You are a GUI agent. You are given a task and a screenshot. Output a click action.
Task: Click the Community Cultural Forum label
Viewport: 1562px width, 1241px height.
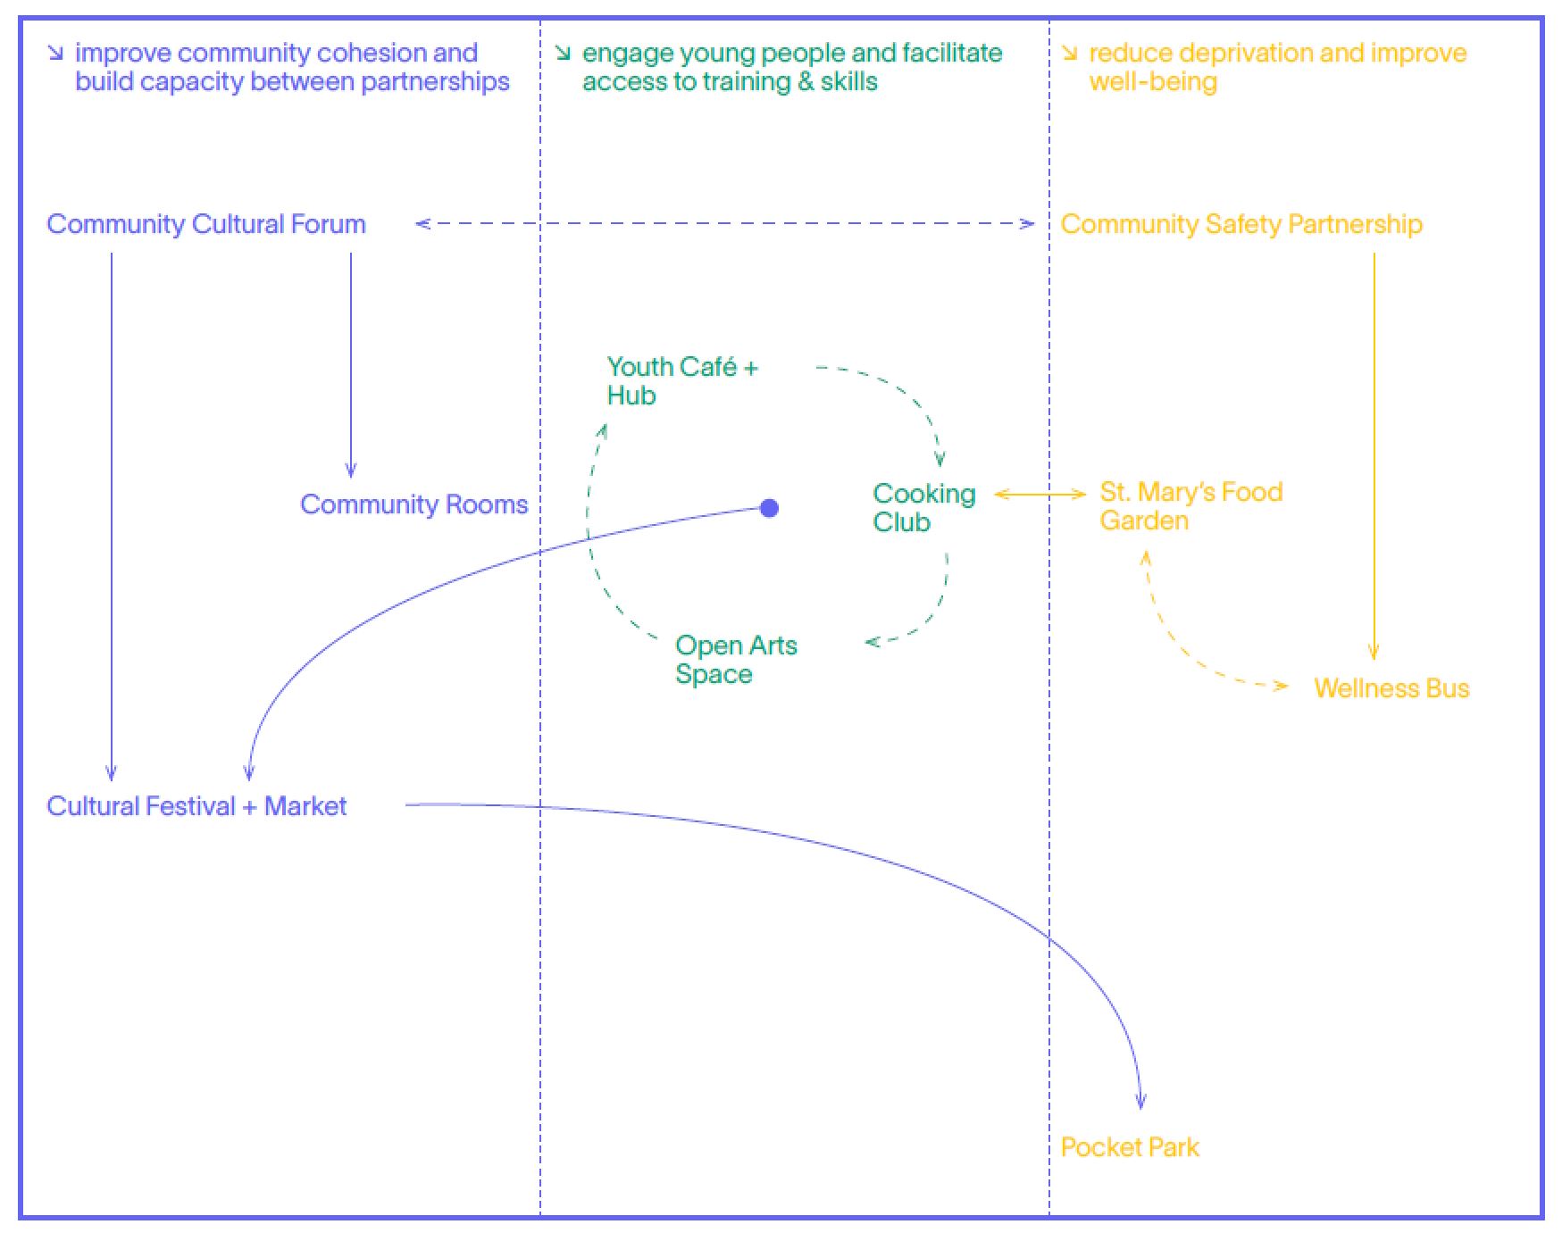pyautogui.click(x=206, y=224)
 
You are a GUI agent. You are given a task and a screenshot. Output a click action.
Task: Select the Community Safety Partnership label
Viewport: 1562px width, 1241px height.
pyautogui.click(x=1241, y=224)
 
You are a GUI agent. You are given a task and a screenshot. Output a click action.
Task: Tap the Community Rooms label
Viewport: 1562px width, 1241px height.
pyautogui.click(x=413, y=504)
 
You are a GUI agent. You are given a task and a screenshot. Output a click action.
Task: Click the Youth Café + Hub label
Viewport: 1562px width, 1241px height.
pyautogui.click(x=681, y=380)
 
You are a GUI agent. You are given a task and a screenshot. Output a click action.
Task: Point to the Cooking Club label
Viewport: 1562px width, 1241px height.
pyautogui.click(x=923, y=507)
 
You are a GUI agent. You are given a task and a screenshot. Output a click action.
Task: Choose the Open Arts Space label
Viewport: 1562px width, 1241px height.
pyautogui.click(x=736, y=659)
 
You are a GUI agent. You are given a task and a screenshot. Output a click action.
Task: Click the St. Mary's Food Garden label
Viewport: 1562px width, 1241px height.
pyautogui.click(x=1190, y=506)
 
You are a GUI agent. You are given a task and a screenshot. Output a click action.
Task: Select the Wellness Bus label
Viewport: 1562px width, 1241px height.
pyautogui.click(x=1391, y=688)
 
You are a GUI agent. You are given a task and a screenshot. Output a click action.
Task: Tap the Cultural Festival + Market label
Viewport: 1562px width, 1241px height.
pyautogui.click(x=196, y=806)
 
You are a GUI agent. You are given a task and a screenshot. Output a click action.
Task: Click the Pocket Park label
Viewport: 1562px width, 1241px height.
pyautogui.click(x=1130, y=1147)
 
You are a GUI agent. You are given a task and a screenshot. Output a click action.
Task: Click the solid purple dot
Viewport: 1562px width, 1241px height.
pyautogui.click(x=769, y=508)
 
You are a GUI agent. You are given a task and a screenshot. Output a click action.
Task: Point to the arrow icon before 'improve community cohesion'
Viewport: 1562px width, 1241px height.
pyautogui.click(x=55, y=54)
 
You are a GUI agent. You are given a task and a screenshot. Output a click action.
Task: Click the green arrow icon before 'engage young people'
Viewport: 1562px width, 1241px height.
pyautogui.click(x=563, y=54)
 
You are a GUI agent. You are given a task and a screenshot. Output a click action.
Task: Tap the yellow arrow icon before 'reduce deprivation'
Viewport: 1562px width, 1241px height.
pyautogui.click(x=1069, y=54)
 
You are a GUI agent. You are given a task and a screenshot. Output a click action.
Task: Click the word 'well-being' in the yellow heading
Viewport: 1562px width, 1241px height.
pyautogui.click(x=1153, y=82)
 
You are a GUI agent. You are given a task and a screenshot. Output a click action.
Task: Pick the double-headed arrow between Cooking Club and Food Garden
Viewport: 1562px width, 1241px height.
pyautogui.click(x=1040, y=494)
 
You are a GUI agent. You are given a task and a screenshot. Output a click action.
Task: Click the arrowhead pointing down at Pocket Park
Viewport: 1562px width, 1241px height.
pyautogui.click(x=1140, y=1102)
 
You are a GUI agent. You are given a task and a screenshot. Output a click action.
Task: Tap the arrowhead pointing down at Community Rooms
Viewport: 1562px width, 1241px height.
pyautogui.click(x=351, y=470)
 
